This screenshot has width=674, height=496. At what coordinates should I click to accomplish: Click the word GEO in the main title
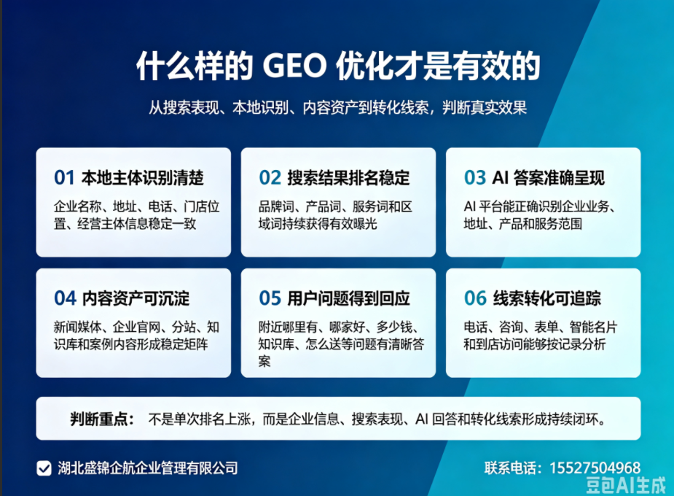294,66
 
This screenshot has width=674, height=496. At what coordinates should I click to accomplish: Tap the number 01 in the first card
64,178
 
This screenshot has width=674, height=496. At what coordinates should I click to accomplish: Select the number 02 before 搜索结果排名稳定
270,178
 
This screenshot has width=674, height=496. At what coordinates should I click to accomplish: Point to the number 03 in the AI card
475,178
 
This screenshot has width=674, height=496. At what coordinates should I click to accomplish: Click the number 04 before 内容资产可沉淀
65,298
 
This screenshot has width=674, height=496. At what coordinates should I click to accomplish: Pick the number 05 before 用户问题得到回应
270,298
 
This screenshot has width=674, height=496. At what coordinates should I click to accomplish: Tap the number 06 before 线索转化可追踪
475,298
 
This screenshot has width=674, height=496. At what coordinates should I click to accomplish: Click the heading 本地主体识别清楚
142,178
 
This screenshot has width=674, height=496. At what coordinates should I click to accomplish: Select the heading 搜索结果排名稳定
348,178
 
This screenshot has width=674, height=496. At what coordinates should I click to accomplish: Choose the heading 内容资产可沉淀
136,298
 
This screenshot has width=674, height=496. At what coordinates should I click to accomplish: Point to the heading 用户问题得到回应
348,298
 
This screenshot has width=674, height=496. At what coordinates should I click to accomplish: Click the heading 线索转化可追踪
546,298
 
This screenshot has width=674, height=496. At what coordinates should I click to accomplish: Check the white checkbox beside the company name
44,468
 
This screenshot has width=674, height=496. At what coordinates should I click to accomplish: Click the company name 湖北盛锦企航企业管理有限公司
148,468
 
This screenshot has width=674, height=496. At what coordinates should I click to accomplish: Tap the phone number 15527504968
595,468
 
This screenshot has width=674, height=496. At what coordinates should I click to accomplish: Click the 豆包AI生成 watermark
626,485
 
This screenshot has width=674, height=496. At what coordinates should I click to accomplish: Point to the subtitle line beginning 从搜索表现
338,107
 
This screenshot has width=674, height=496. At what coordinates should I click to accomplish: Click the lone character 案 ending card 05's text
264,361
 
